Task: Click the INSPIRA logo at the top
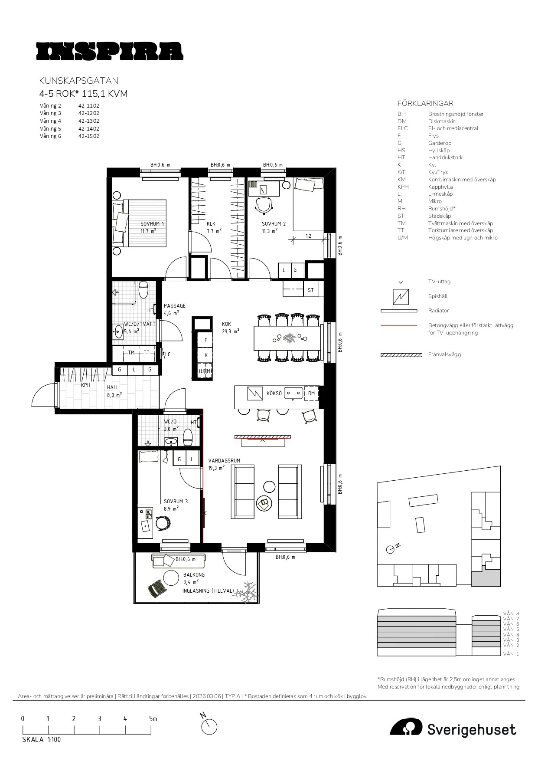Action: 110,51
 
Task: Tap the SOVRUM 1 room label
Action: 152,224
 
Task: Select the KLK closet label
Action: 211,224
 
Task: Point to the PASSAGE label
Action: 175,306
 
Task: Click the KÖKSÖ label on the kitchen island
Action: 274,394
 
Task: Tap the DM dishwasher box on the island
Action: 311,394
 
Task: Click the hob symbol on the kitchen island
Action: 255,394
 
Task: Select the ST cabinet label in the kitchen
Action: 310,290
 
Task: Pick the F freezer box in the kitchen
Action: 205,340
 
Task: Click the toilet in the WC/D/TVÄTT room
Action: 143,289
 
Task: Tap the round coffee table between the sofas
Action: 269,487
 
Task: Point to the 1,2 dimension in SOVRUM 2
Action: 309,236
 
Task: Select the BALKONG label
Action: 194,575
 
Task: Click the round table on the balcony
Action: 171,578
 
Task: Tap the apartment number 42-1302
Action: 88,121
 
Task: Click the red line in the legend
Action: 398,325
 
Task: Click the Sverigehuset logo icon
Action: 406,728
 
